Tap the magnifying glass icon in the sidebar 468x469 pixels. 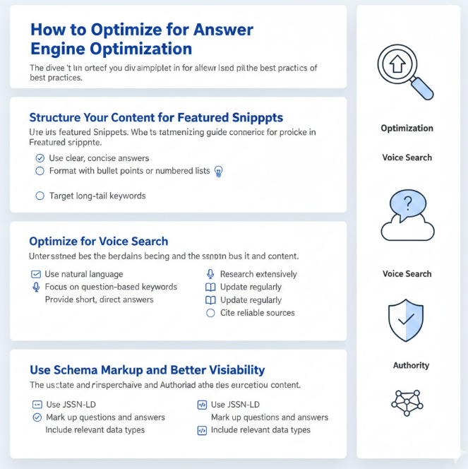point(406,71)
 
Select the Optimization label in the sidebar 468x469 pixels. point(407,128)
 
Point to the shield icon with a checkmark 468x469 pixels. point(407,320)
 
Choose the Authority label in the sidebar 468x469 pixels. point(411,365)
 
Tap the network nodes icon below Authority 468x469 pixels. point(407,401)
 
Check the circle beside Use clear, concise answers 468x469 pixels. point(40,158)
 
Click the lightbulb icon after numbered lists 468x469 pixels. point(219,171)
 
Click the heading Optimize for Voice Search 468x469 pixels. point(98,241)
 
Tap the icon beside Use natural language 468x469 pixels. point(36,274)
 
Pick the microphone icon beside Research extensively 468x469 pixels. point(210,274)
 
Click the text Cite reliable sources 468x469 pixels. point(257,313)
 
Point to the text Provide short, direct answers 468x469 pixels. point(99,299)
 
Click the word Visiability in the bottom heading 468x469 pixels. point(229,369)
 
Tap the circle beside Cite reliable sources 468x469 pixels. point(210,313)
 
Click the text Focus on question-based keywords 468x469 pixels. point(111,287)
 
